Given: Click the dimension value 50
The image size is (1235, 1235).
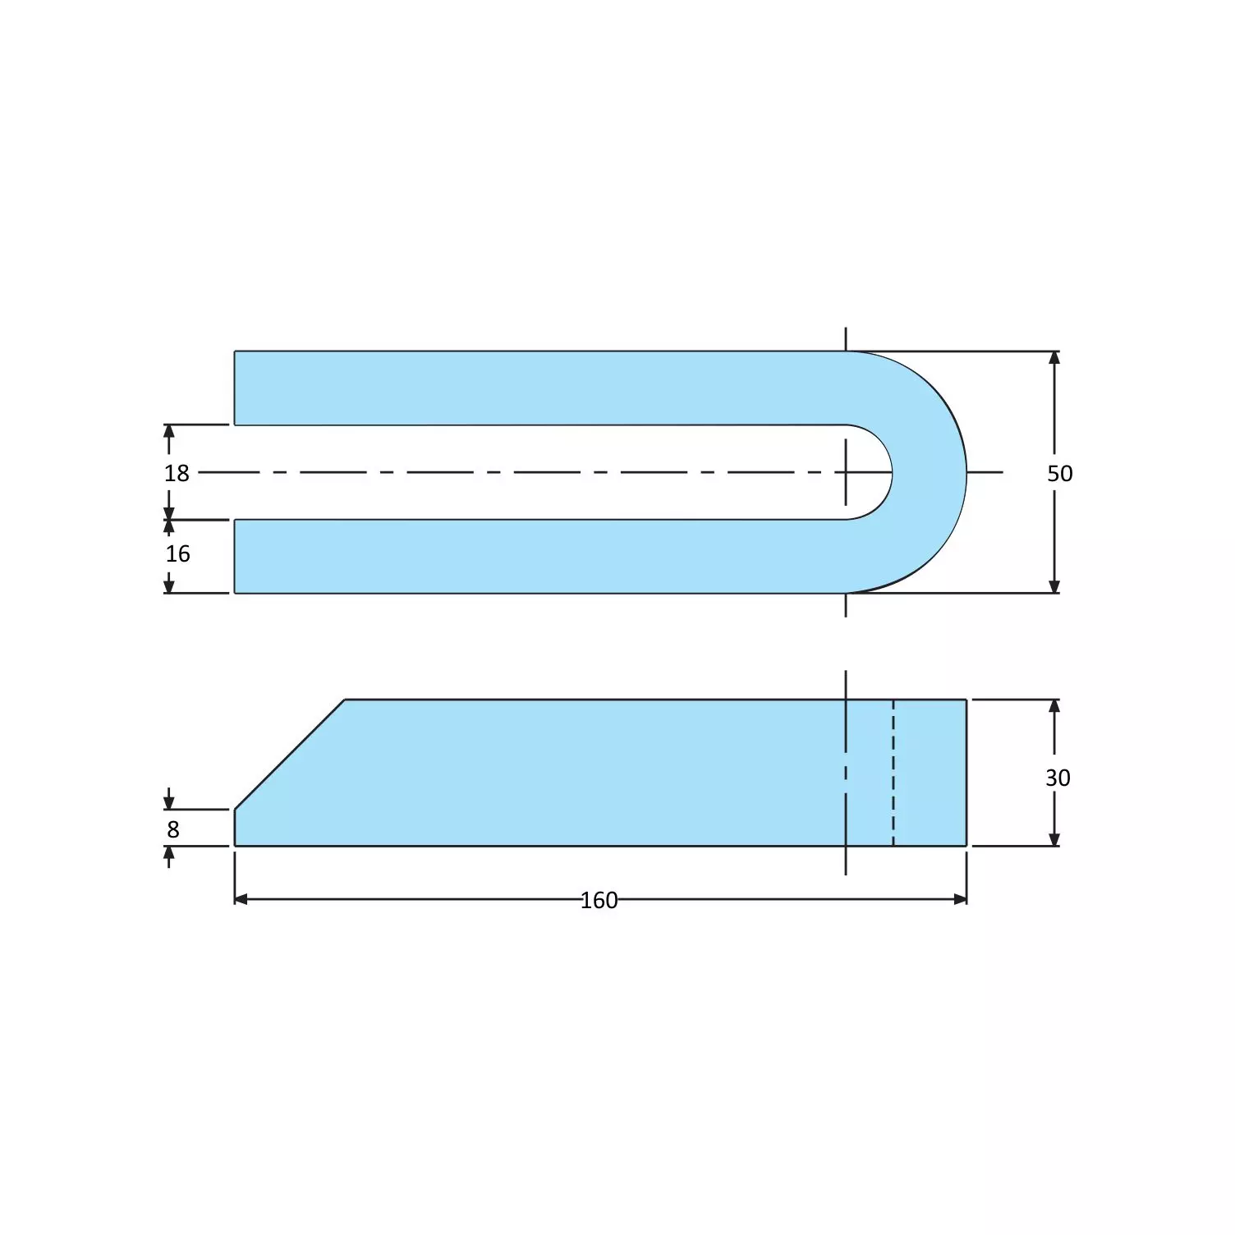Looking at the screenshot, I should tap(1059, 474).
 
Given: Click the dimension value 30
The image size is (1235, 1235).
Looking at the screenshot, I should tap(1058, 778).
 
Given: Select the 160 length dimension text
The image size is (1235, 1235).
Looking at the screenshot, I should tap(599, 901).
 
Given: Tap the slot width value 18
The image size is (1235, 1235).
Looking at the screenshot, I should tap(177, 474).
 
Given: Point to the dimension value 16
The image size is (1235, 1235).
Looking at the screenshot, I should tap(177, 554).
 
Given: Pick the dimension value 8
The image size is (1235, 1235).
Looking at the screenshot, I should tap(173, 830).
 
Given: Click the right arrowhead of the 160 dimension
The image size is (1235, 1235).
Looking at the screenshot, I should tap(960, 899).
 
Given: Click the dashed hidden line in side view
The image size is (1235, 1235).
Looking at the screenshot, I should tap(893, 772).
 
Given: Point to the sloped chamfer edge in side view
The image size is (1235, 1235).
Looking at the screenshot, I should tap(289, 755).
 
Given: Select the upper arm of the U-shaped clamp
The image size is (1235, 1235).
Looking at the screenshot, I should tap(534, 388).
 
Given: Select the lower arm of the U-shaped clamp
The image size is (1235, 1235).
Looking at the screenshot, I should tap(534, 556).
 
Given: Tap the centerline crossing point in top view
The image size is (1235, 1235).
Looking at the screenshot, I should tap(846, 472).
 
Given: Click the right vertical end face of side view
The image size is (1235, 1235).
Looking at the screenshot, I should tap(966, 772).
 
